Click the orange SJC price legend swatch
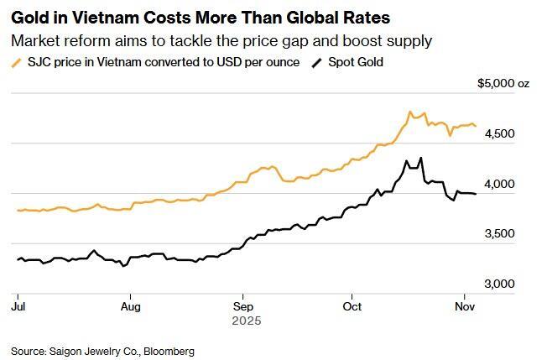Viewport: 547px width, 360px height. pyautogui.click(x=17, y=62)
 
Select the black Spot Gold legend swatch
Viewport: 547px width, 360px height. pyautogui.click(x=316, y=62)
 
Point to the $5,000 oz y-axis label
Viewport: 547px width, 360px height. pyautogui.click(x=504, y=83)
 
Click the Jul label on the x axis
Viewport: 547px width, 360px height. pyautogui.click(x=17, y=306)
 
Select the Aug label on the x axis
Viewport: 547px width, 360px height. pyautogui.click(x=130, y=306)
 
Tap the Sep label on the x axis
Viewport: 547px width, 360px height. pyautogui.click(x=242, y=306)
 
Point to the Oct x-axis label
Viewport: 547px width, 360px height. pyautogui.click(x=352, y=306)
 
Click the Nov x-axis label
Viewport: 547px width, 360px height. pyautogui.click(x=465, y=306)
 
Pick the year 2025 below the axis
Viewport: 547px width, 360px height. pyautogui.click(x=247, y=321)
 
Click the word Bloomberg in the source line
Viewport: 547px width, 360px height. pyautogui.click(x=169, y=351)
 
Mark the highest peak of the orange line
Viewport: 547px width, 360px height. pyautogui.click(x=409, y=112)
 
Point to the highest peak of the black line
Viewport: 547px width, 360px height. pyautogui.click(x=420, y=158)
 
